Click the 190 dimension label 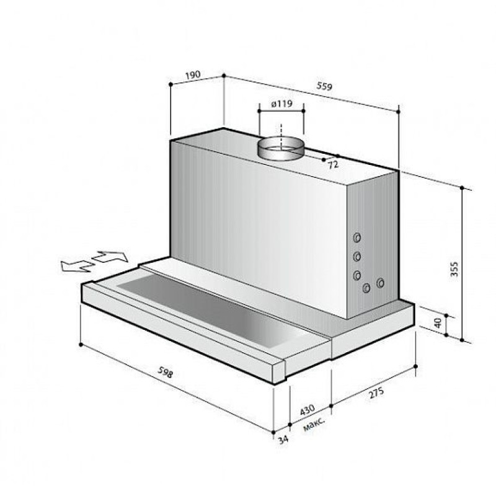tap(193, 75)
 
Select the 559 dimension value tap(324, 86)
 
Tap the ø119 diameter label tap(282, 104)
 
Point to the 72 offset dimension tap(333, 164)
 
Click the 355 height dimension tap(454, 269)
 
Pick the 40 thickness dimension tap(438, 323)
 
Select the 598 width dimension tap(166, 372)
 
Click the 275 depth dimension tap(376, 392)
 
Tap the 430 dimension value tap(307, 409)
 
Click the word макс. tap(314, 425)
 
